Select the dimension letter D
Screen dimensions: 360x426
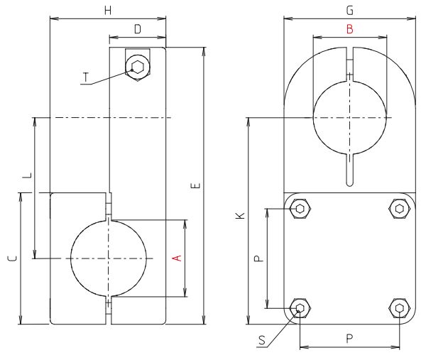137,29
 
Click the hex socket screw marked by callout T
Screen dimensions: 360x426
137,67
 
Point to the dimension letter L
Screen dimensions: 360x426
26,175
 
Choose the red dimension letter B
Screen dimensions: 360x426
349,29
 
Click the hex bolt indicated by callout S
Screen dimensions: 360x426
300,308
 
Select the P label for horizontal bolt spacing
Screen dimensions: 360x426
349,339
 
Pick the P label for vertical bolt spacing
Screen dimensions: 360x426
259,258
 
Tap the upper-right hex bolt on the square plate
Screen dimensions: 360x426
400,209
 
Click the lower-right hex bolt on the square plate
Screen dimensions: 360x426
400,308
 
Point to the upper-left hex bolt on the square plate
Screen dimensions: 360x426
300,209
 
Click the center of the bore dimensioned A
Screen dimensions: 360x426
109,258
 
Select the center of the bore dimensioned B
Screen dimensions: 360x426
349,117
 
